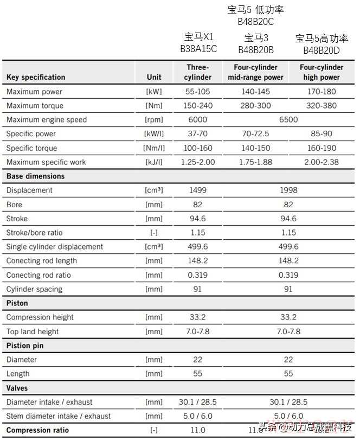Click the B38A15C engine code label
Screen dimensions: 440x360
[x=198, y=49]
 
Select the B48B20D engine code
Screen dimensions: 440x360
[x=322, y=50]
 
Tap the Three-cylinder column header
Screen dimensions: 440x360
[x=198, y=72]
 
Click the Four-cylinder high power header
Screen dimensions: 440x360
[x=322, y=72]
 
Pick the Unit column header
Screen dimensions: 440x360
[x=154, y=77]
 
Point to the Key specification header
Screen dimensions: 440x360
[x=36, y=77]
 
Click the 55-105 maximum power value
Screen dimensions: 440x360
[x=198, y=92]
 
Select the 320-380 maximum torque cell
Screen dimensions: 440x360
[x=322, y=106]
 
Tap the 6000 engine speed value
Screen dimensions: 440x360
[x=198, y=120]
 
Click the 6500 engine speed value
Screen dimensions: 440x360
[x=288, y=120]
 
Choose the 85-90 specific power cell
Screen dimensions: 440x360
[x=322, y=134]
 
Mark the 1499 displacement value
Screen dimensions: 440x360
[x=198, y=190]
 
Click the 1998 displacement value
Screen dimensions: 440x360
[x=288, y=190]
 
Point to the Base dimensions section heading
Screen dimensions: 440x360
[x=35, y=176]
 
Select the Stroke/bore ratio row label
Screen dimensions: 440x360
[x=34, y=233]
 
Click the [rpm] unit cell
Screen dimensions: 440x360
[x=154, y=120]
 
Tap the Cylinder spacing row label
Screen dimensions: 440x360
[x=34, y=289]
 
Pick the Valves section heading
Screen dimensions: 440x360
[x=17, y=388]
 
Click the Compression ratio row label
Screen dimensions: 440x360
[x=37, y=430]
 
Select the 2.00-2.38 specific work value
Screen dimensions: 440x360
[x=322, y=162]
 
